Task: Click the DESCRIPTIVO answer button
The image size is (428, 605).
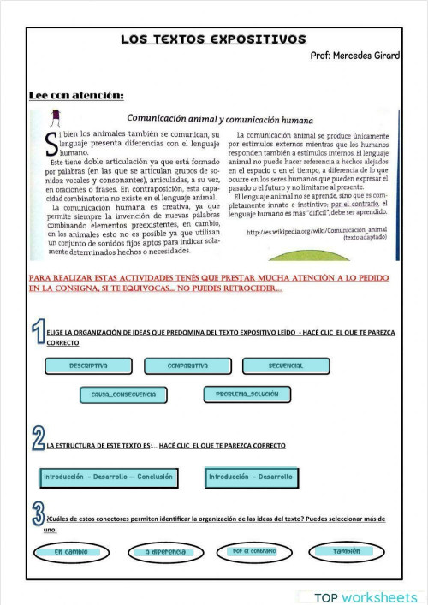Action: [88, 365]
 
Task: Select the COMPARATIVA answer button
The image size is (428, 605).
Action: [188, 365]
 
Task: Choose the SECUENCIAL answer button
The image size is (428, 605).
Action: [285, 365]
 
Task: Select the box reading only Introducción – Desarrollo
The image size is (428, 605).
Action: [250, 477]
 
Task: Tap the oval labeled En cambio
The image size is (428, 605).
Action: [71, 552]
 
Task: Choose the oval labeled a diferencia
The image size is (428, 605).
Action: [165, 552]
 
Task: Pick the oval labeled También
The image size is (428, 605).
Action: [346, 551]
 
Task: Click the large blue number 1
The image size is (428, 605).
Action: [38, 334]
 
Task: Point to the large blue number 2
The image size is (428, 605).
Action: [38, 440]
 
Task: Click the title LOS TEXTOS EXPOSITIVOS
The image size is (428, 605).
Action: [213, 39]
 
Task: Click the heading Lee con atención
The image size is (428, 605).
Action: [76, 95]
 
